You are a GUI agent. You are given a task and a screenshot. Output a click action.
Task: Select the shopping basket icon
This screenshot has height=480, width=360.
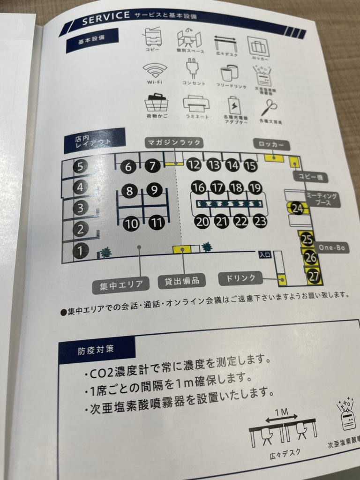pyautogui.click(x=157, y=103)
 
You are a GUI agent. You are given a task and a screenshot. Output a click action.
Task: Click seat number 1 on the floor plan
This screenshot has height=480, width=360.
pyautogui.click(x=81, y=251)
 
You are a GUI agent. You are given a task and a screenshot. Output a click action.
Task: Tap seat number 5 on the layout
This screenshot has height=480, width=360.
pyautogui.click(x=81, y=166)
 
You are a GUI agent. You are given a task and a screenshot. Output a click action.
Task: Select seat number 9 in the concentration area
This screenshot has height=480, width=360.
pyautogui.click(x=154, y=190)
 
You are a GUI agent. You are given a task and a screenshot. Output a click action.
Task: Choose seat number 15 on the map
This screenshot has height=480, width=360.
pyautogui.click(x=250, y=165)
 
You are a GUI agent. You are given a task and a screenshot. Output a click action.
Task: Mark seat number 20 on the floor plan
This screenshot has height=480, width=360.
pyautogui.click(x=202, y=222)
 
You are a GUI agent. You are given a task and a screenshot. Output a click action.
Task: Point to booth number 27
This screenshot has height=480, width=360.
pyautogui.click(x=312, y=275)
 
